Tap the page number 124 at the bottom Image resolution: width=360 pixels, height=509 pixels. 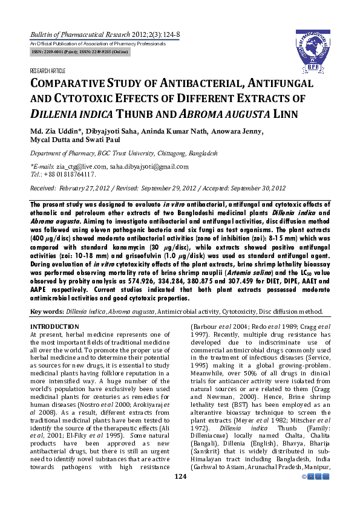point(180,494)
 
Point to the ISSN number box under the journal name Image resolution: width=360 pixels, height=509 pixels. point(80,53)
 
